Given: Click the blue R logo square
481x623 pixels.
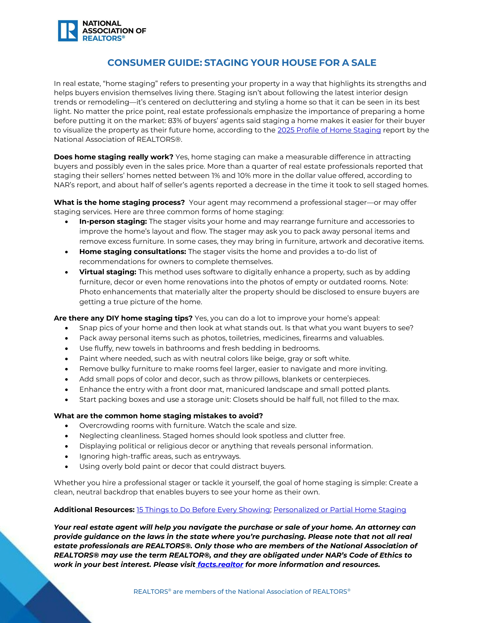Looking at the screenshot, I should click(x=68, y=31).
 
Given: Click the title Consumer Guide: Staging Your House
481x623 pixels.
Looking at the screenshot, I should click(x=242, y=63).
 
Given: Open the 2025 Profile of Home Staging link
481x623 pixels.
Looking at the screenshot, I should click(x=329, y=130).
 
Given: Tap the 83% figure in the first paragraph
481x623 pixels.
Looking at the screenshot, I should click(x=175, y=121).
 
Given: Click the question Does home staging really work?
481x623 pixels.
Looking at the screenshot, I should click(x=113, y=157).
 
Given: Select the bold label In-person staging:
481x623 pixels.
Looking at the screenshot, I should click(x=113, y=221).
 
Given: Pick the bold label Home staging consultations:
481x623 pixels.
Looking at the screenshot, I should click(x=132, y=252).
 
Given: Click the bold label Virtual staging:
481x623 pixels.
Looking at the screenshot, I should click(x=108, y=272).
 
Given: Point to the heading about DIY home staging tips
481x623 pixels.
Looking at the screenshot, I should click(x=123, y=318).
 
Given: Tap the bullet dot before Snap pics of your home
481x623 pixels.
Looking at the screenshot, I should click(x=66, y=328).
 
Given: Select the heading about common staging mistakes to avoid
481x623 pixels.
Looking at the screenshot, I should click(x=158, y=416).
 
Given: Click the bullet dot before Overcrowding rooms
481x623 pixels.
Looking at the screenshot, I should click(x=66, y=426).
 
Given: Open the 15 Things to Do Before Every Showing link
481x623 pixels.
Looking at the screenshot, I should click(x=203, y=510).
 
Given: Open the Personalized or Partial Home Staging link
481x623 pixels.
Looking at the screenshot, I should click(x=340, y=510).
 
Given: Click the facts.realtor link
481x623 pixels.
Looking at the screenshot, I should click(x=220, y=564).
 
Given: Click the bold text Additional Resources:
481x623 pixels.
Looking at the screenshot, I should click(x=94, y=510).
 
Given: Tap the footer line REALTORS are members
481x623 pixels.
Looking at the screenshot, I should click(x=242, y=592).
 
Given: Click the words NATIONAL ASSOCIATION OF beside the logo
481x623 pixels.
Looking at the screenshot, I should click(x=114, y=27).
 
